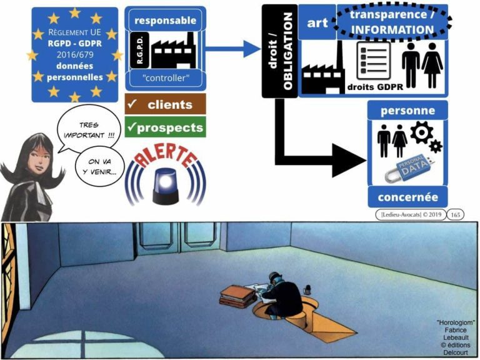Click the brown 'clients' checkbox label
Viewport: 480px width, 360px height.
click(x=165, y=105)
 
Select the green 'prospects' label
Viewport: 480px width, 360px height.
click(x=165, y=127)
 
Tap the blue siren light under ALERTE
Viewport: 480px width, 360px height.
click(x=166, y=182)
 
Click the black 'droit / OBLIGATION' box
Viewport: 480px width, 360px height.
click(x=279, y=51)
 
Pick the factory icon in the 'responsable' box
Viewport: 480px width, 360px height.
click(x=172, y=49)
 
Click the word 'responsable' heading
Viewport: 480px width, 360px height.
click(x=165, y=20)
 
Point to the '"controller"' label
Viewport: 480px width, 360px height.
click(x=165, y=79)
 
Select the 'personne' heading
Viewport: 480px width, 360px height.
click(x=408, y=111)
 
